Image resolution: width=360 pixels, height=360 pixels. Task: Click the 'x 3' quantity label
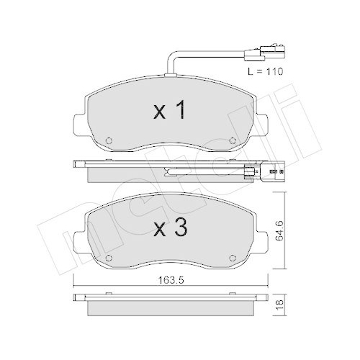pyautogui.click(x=170, y=230)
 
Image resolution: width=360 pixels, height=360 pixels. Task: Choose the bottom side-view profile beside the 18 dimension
pyautogui.click(x=171, y=304)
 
